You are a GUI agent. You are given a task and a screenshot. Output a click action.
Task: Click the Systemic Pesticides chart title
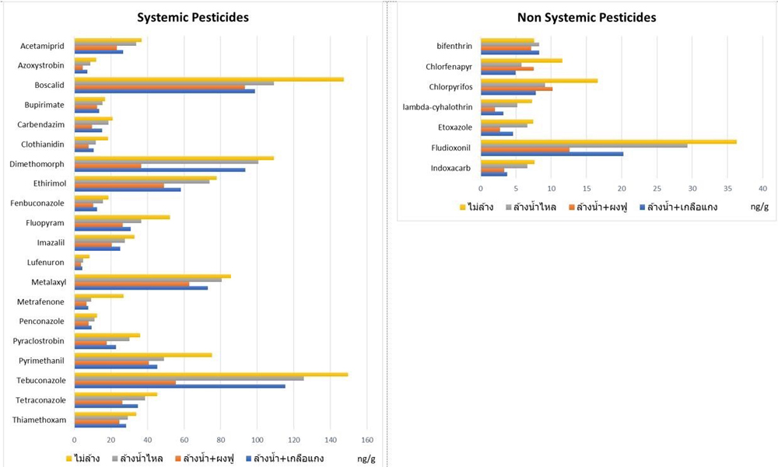[x=193, y=17]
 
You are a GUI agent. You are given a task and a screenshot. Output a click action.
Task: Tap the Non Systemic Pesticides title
[x=587, y=17]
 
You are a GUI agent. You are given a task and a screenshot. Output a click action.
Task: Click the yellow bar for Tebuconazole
[x=211, y=374]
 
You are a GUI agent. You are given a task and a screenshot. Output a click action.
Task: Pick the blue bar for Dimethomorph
[x=159, y=169]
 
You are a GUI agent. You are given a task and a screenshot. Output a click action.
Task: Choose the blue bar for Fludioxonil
[x=552, y=154]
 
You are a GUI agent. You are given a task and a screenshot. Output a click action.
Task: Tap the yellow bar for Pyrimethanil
[x=143, y=354]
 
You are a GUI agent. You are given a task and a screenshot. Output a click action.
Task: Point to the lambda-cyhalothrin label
[x=437, y=107]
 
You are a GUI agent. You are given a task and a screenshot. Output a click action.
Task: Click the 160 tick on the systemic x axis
[x=368, y=437]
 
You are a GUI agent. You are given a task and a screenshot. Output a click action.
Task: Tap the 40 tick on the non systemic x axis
[x=763, y=189]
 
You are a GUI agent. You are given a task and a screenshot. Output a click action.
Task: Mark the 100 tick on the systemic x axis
[x=258, y=437]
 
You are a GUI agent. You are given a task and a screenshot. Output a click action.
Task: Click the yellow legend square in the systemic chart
[x=69, y=458]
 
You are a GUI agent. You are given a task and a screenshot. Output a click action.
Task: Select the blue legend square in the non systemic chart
[x=643, y=207]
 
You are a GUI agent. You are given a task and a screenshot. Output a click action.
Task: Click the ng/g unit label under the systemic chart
[x=366, y=458]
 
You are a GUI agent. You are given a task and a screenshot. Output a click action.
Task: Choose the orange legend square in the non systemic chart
[x=569, y=207]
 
